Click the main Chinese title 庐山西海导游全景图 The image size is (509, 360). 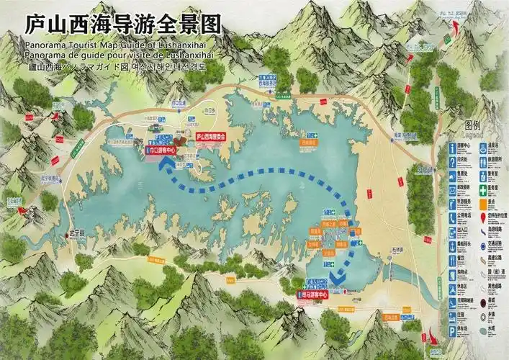(x=122, y=24)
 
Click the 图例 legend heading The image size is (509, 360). (x=472, y=125)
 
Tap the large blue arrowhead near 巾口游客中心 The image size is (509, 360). (x=168, y=166)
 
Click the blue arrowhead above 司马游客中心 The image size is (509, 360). (x=338, y=276)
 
